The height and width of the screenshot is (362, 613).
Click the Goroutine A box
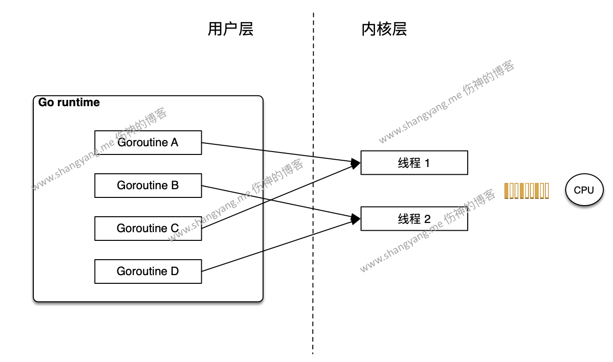point(148,142)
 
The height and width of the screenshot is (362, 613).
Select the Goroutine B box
point(148,185)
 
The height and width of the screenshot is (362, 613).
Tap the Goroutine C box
point(148,228)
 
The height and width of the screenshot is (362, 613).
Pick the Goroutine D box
point(148,271)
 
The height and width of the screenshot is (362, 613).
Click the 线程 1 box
point(414,163)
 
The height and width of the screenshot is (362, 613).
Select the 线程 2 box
point(414,219)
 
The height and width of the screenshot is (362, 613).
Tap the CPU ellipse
point(584,190)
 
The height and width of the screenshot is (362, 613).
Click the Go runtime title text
point(69,102)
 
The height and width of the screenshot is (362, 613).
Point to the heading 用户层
point(230,29)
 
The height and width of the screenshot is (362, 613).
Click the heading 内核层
point(384,29)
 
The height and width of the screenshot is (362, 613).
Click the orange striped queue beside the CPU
point(527,191)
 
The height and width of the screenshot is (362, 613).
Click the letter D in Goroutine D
point(175,271)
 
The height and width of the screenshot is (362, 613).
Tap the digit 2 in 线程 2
point(427,219)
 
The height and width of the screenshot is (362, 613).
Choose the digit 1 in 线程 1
point(427,163)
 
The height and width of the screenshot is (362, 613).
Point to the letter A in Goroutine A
point(174,142)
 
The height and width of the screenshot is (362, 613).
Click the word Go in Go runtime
point(46,102)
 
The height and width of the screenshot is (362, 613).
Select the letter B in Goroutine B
point(175,185)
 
